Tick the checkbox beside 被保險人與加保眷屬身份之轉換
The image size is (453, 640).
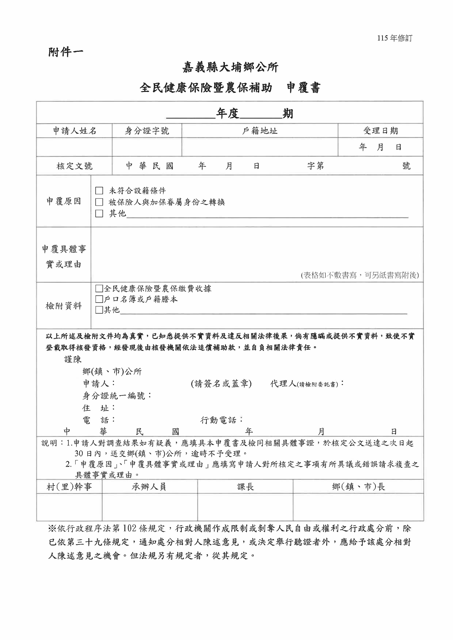tap(99, 202)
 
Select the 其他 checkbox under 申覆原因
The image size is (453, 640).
tap(99, 213)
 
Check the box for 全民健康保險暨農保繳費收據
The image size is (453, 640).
tap(99, 288)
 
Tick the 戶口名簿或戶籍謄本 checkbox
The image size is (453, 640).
tap(99, 299)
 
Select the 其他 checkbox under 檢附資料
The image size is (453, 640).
tap(99, 310)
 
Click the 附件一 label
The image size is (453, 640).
tap(66, 52)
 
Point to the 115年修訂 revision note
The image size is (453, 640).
tap(394, 38)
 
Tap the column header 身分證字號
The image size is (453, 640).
tap(147, 131)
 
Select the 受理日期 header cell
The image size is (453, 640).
tap(380, 131)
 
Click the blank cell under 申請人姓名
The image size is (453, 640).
tap(74, 147)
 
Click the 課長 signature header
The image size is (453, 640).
tap(245, 487)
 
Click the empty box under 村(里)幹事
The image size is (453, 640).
tap(69, 507)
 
